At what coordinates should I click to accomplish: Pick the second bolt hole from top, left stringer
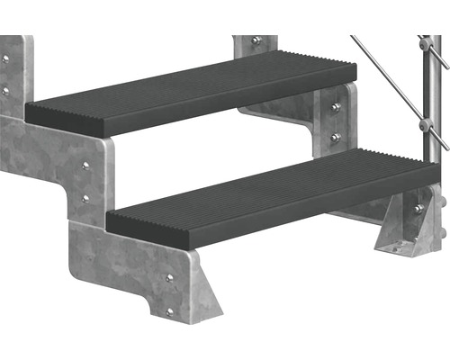[5, 90]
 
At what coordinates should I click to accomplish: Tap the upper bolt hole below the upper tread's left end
[85, 166]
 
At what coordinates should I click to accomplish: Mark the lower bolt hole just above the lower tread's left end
[85, 197]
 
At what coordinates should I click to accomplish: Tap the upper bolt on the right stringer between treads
[335, 107]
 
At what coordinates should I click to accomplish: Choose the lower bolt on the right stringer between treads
[335, 137]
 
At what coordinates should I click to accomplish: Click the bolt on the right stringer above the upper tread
[256, 41]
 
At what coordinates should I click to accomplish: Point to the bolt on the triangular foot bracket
[418, 210]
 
